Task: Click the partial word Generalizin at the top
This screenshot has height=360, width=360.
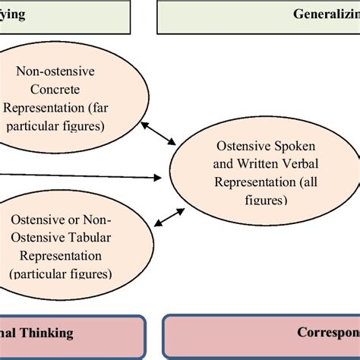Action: tap(327, 14)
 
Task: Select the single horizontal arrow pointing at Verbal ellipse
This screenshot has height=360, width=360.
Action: tap(84, 176)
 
